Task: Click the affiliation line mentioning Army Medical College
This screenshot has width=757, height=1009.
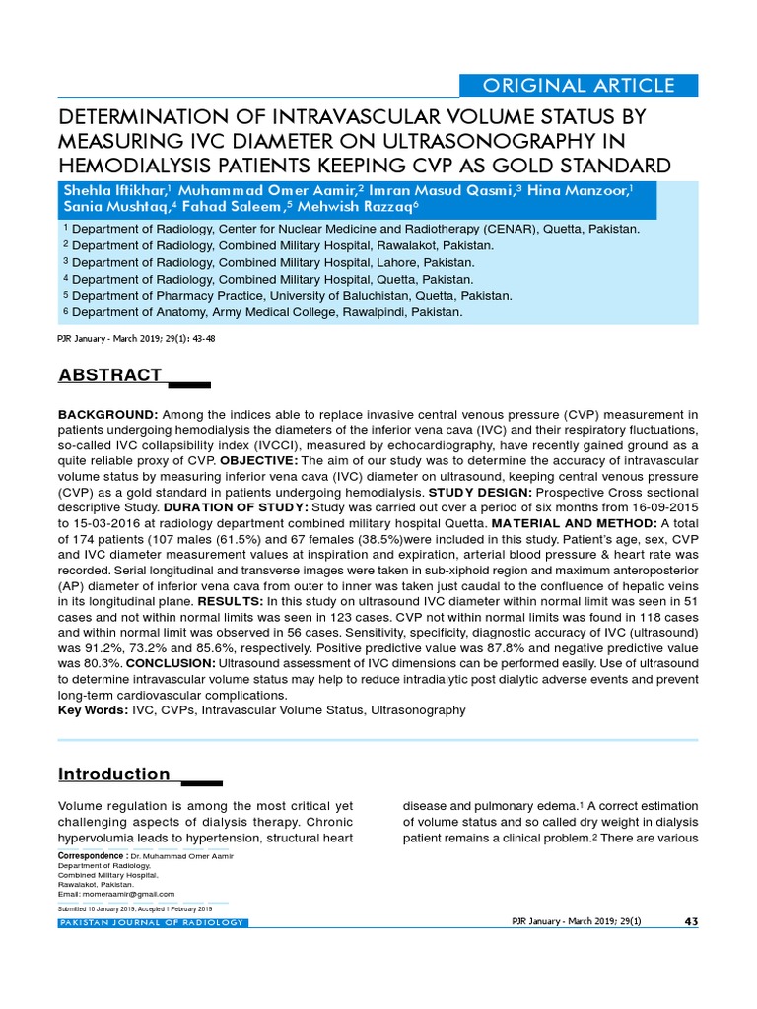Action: [263, 312]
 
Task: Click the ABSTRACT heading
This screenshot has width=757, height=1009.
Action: [110, 375]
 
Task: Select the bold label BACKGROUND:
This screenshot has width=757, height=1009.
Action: [107, 413]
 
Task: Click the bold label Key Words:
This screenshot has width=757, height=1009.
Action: [93, 710]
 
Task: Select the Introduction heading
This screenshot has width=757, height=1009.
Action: [114, 774]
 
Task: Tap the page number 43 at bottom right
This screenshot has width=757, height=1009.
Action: [690, 921]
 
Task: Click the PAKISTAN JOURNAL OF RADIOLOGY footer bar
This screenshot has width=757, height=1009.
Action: [153, 922]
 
